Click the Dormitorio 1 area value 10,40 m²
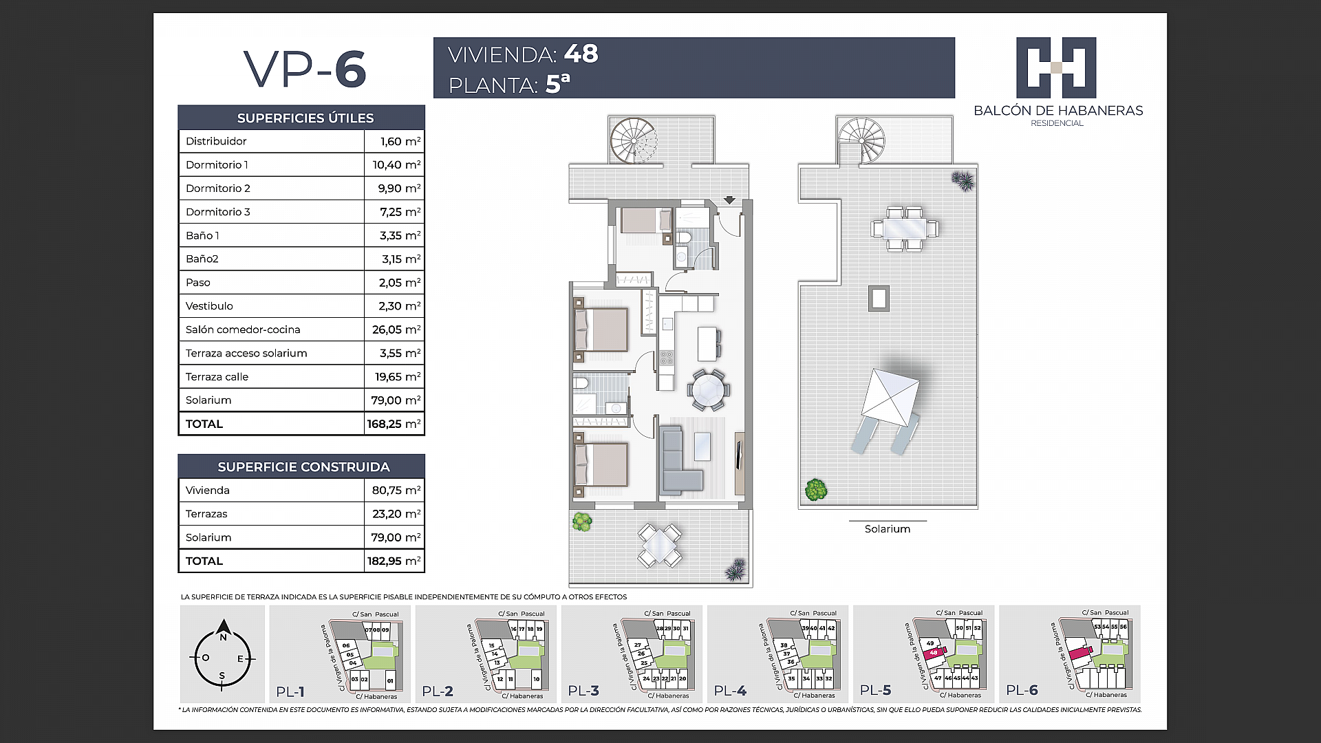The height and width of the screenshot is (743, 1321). (396, 164)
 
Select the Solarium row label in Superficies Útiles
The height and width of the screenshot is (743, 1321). (208, 400)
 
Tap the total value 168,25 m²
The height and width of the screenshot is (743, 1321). (393, 424)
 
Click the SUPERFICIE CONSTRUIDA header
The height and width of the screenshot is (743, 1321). (303, 467)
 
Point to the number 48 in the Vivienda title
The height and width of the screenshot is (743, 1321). (581, 54)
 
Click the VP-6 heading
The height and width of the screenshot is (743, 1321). (305, 69)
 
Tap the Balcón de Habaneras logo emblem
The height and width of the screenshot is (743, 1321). (1056, 67)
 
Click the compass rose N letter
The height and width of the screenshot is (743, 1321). (223, 637)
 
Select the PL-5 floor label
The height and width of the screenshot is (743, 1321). (875, 690)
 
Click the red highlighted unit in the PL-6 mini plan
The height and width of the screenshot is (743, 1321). (1080, 652)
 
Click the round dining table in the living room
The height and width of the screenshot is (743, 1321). (708, 390)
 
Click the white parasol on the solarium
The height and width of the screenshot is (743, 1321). (891, 396)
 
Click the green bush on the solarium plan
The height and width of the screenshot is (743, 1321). (815, 490)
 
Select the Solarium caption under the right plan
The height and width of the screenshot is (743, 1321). (887, 529)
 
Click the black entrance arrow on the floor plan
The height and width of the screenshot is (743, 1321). (729, 200)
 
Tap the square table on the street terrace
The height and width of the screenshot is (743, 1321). (659, 545)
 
